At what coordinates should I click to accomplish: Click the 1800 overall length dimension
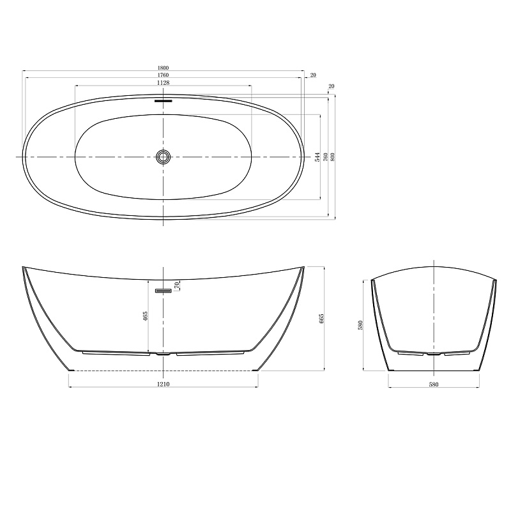pos(163,68)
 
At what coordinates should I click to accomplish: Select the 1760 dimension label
pos(163,75)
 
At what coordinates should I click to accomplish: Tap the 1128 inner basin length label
pos(163,83)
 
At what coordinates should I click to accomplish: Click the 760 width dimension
pos(325,157)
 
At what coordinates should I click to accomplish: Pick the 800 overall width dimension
pos(332,157)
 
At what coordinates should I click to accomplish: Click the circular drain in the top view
pos(163,157)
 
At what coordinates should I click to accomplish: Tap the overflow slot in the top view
pos(163,101)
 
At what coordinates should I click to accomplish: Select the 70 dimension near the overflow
pos(178,286)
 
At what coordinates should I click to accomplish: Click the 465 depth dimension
pos(146,316)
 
